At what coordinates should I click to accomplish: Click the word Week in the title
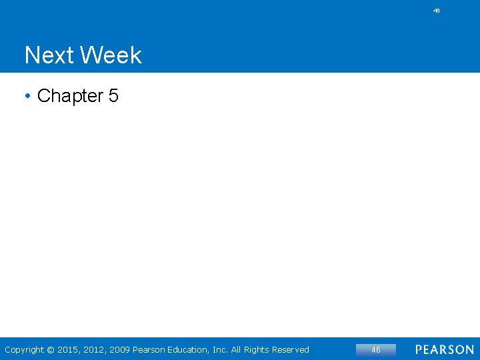(112, 55)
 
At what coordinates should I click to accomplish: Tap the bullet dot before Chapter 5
(28, 97)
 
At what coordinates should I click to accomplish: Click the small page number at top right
(437, 11)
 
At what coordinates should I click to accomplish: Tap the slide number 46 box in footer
(376, 349)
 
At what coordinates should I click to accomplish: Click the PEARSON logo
(445, 349)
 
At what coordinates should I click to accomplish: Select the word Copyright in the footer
(25, 349)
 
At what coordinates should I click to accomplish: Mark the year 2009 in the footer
(120, 349)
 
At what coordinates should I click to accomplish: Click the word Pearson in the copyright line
(151, 349)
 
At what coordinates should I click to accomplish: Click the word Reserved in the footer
(293, 349)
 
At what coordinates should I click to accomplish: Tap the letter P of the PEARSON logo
(419, 349)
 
